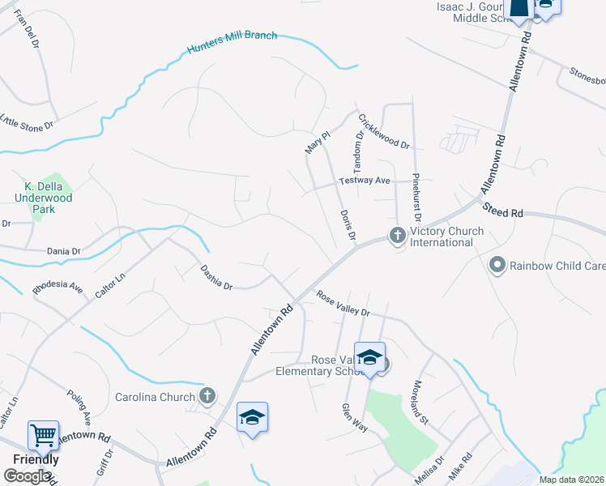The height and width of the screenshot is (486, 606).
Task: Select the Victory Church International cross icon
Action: pyautogui.click(x=397, y=236)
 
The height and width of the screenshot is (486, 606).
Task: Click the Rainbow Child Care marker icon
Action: pyautogui.click(x=497, y=265)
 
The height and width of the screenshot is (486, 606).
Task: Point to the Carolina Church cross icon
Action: pyautogui.click(x=207, y=396)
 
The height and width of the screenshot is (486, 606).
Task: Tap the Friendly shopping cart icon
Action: pyautogui.click(x=43, y=435)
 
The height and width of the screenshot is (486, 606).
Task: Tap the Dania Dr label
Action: pyautogui.click(x=63, y=251)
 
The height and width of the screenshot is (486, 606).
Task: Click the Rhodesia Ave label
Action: pyautogui.click(x=58, y=288)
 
